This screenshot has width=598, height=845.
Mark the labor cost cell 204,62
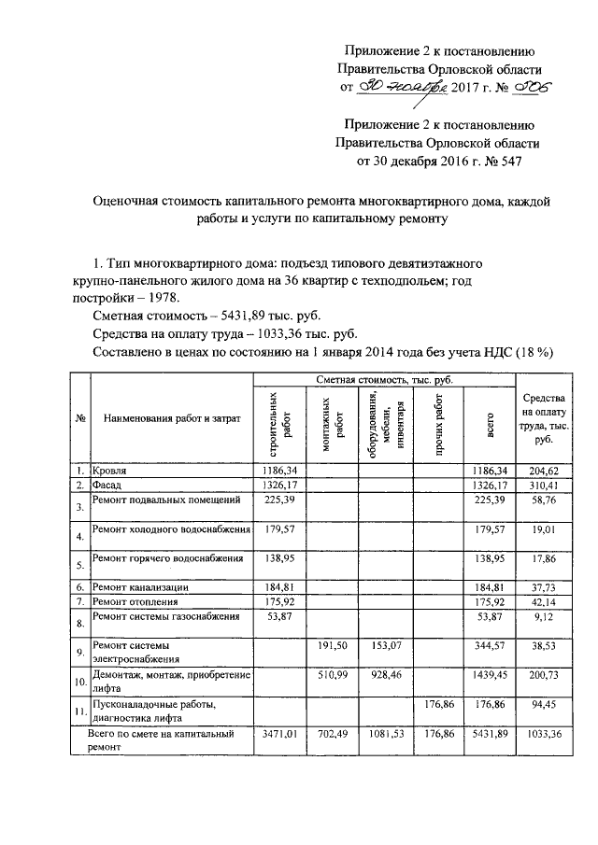click(541, 471)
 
